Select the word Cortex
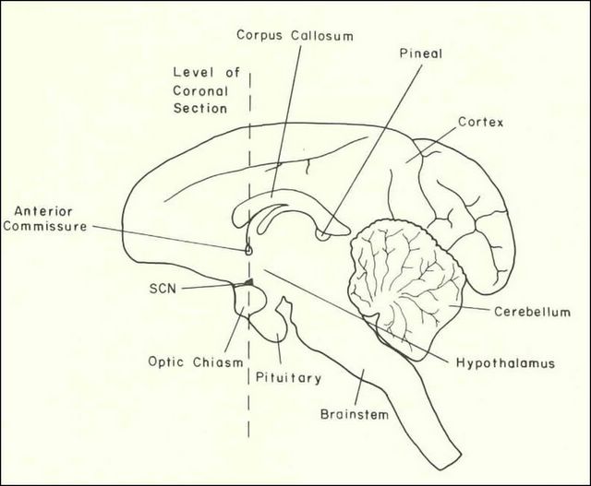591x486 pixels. click(480, 122)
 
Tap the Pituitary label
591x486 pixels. click(289, 377)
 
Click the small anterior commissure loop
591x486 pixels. click(248, 248)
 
